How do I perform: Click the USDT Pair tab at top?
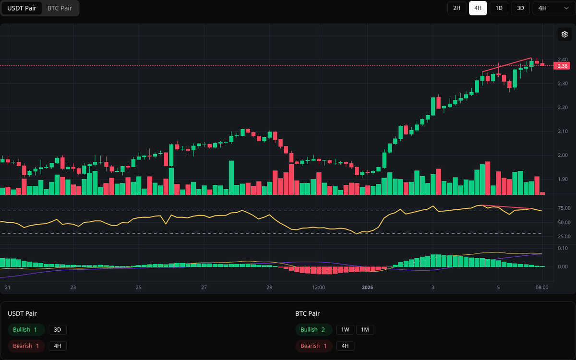[22, 8]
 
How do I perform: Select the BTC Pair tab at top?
[60, 8]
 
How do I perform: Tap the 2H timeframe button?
[456, 8]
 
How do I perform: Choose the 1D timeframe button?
[499, 8]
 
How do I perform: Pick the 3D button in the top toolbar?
[520, 8]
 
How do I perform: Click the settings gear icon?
[564, 35]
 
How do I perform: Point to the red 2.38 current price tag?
[562, 66]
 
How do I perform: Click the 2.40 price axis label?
[562, 60]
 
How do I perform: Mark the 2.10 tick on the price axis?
[562, 131]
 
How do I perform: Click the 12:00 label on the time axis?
[318, 288]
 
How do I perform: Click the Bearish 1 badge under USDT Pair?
[26, 346]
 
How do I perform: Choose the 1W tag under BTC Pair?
[345, 330]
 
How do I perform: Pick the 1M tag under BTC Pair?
[365, 330]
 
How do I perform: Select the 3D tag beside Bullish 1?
[58, 330]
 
